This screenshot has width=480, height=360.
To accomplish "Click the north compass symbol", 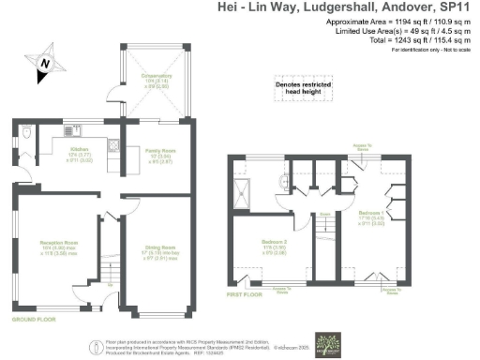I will (44, 65).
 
